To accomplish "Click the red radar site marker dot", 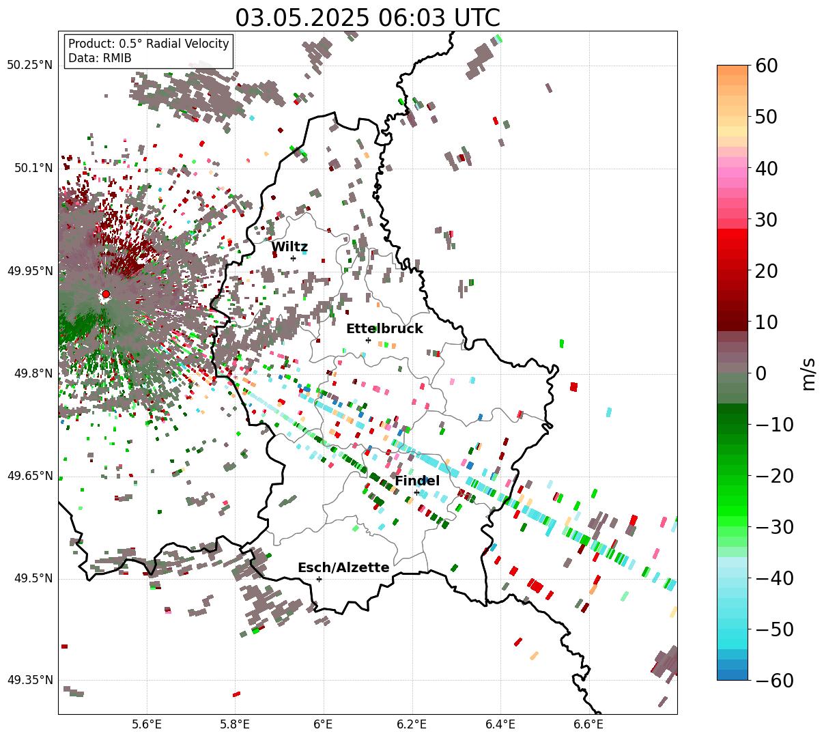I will (x=105, y=294).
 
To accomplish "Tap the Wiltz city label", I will (x=289, y=247).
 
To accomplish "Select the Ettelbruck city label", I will (x=384, y=328).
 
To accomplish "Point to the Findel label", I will (x=417, y=481).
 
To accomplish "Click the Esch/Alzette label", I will (x=343, y=567).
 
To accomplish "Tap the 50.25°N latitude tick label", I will (x=30, y=66).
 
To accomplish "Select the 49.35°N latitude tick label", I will (x=30, y=680).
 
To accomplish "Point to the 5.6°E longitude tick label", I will (x=147, y=724).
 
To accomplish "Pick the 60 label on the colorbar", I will (x=767, y=66).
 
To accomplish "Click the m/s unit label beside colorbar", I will (x=809, y=373).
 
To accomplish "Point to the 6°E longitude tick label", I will (x=324, y=724).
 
